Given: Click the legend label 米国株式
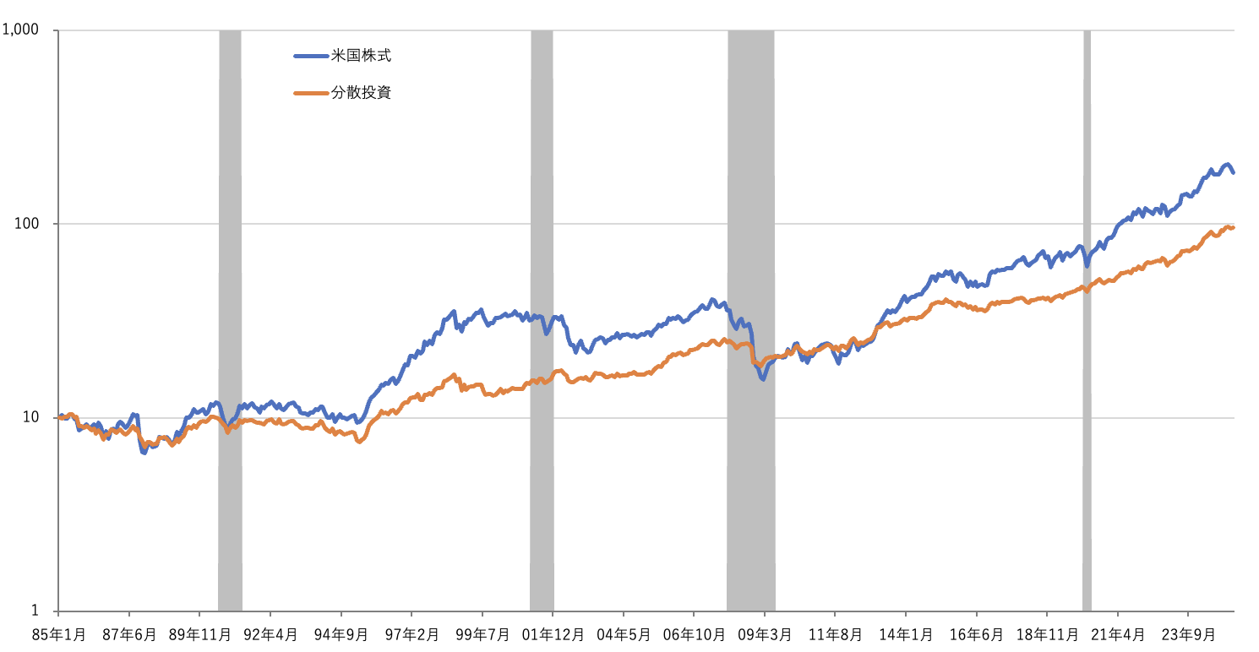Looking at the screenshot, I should click(x=361, y=57).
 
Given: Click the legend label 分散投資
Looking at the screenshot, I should click(x=361, y=93).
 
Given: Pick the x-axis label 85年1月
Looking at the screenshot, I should click(x=58, y=634).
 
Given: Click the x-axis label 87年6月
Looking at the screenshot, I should click(x=128, y=634).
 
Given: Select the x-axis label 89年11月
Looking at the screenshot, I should click(x=199, y=634).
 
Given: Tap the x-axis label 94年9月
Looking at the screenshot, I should click(x=341, y=634).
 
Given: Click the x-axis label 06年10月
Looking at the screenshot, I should click(x=694, y=634).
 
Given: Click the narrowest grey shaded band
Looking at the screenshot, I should click(x=1087, y=321).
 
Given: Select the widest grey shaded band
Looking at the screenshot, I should click(x=751, y=321).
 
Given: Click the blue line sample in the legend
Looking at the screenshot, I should click(x=310, y=57).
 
